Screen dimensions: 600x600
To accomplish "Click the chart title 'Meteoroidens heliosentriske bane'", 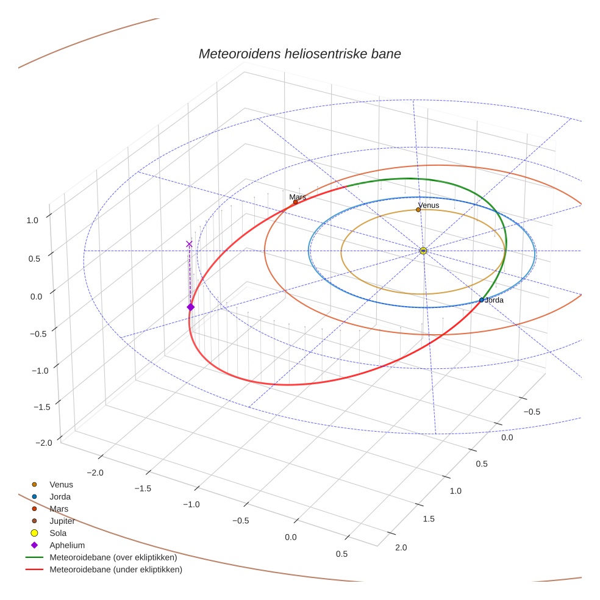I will tap(299, 54).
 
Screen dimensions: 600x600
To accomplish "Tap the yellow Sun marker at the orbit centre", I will tap(423, 251).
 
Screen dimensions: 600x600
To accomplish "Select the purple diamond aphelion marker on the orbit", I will tap(190, 307).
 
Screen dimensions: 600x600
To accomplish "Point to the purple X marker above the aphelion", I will tap(189, 244).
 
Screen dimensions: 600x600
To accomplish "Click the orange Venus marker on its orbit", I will tap(418, 210).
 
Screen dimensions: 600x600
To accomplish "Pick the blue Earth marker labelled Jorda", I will tap(482, 300).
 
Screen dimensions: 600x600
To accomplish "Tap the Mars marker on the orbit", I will tap(296, 202).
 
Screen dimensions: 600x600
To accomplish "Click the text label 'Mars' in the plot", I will tap(298, 197).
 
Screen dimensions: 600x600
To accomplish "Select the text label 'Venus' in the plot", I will tap(429, 205).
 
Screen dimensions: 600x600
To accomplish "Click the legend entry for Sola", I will tap(58, 533).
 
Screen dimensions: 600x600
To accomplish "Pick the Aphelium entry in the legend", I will tap(67, 545).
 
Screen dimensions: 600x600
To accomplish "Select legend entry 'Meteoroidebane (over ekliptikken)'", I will tap(113, 557).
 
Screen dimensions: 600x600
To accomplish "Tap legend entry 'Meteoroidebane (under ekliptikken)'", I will tap(116, 570).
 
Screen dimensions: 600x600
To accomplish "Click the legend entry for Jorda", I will tap(60, 496).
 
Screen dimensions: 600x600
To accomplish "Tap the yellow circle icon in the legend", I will tap(35, 533).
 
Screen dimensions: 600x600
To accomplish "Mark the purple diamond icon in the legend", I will tap(35, 545).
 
